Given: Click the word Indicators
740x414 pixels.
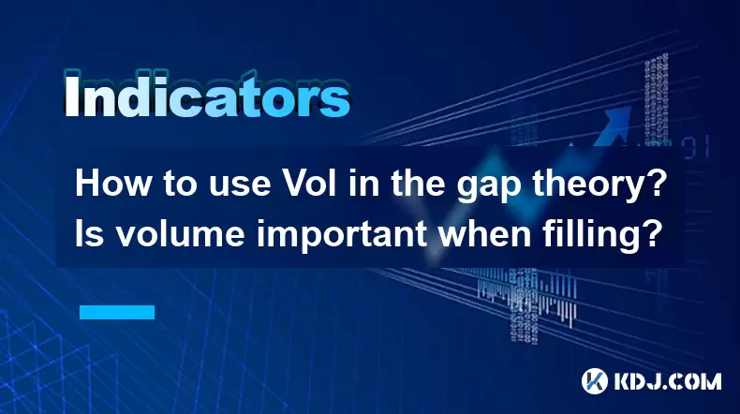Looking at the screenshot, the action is [207, 96].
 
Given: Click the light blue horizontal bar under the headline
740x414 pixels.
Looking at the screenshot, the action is [117, 312].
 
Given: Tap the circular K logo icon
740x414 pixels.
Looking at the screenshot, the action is [595, 381].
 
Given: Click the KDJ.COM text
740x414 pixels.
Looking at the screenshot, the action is [667, 381].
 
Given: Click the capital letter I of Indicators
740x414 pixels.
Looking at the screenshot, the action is [72, 96].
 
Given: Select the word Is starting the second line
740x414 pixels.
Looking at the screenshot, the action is [90, 234].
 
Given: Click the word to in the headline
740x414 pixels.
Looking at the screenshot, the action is [181, 185].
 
